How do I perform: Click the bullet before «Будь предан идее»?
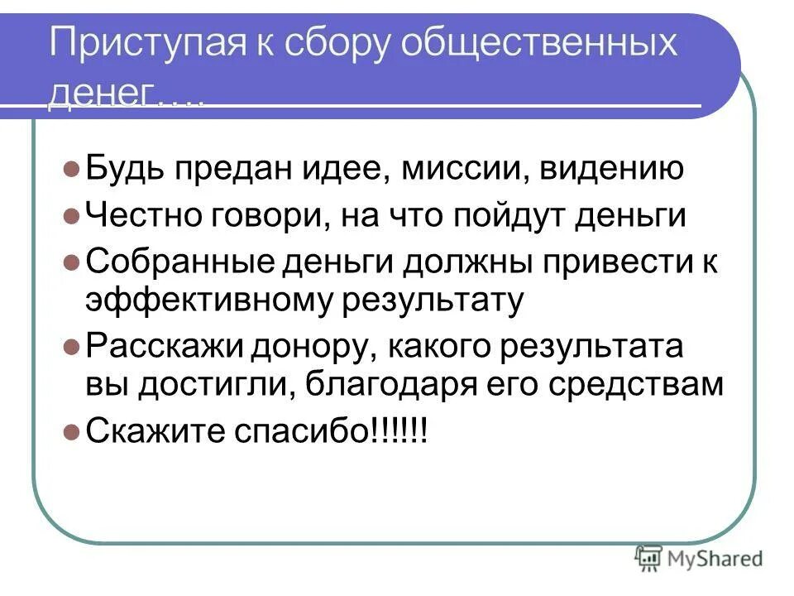point(70,171)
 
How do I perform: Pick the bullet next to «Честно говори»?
point(70,217)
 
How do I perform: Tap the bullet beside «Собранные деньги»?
point(70,263)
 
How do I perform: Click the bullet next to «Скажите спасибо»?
point(70,432)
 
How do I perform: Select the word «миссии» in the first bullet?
point(465,171)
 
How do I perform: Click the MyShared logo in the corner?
point(699,560)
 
